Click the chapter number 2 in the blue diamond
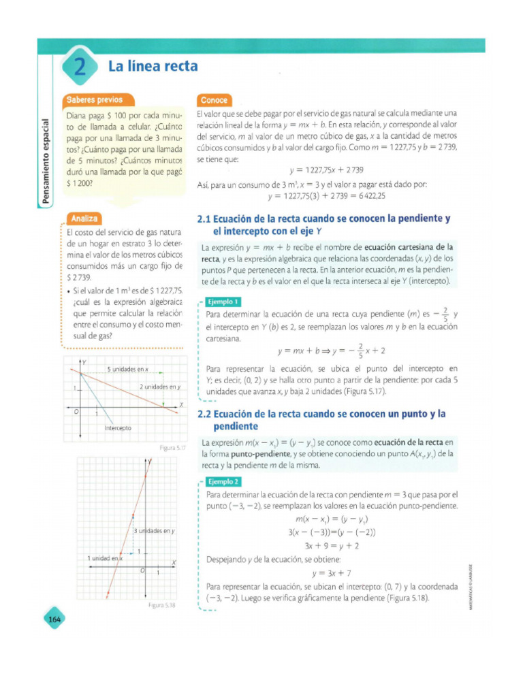(80, 68)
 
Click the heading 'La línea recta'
(153, 66)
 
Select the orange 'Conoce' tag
(214, 100)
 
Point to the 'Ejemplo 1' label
(223, 302)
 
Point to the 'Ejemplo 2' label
(223, 481)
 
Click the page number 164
(54, 619)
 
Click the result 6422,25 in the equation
(371, 196)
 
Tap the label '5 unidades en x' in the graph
(132, 369)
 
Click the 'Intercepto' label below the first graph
(118, 428)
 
